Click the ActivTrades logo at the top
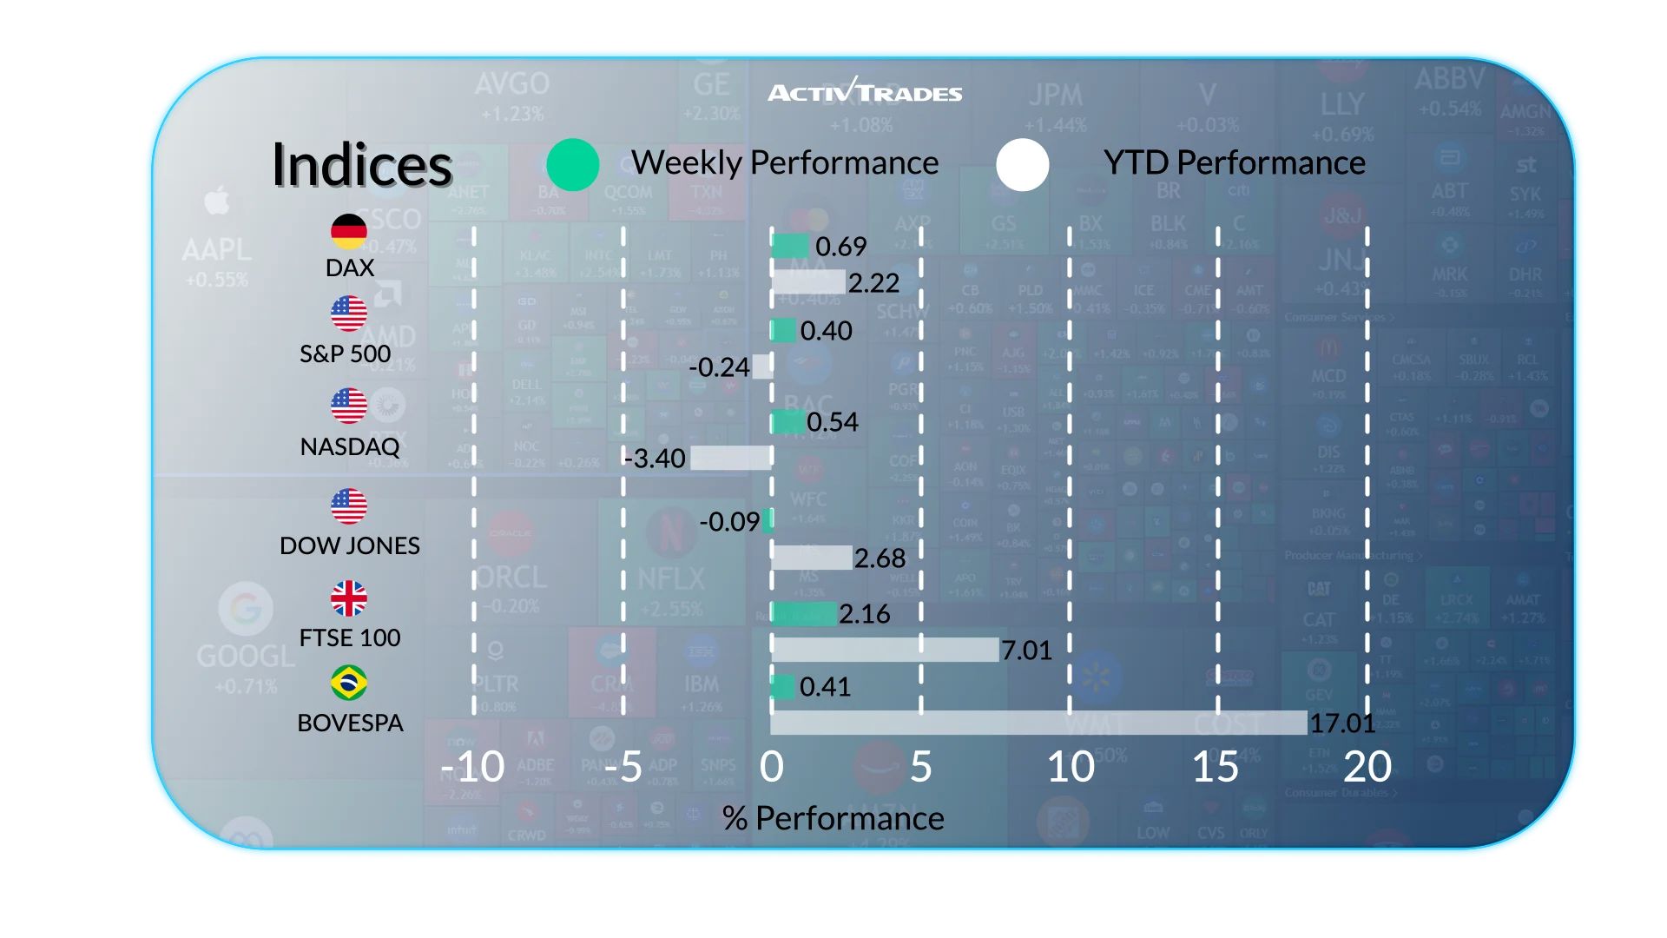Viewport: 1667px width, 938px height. tap(865, 91)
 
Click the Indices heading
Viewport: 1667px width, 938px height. tap(362, 165)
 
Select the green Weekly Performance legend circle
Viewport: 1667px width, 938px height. tap(573, 164)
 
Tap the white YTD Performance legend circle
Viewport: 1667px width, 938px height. tap(1023, 164)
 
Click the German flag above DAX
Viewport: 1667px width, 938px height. tap(349, 231)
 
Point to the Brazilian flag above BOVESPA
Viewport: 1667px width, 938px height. tap(349, 683)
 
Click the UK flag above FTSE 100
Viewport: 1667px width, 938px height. tap(349, 598)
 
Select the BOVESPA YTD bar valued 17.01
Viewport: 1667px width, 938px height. tap(1038, 723)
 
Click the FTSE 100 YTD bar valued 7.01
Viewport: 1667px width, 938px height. tap(885, 650)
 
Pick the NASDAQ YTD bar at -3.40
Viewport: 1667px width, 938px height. tap(731, 458)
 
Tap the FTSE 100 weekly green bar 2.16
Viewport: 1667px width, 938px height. tap(804, 614)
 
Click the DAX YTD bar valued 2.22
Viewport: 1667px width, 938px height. tap(807, 282)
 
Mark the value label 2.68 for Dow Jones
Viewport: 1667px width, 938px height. tap(880, 558)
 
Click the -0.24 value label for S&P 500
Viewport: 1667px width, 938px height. tap(719, 367)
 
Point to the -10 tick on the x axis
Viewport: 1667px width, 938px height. tap(473, 767)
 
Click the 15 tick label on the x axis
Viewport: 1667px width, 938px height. tap(1216, 767)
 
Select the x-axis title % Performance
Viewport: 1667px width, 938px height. tap(833, 818)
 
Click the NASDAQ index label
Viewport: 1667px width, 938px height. tap(350, 446)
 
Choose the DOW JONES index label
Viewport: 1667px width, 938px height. tap(350, 545)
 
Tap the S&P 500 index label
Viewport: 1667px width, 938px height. tap(346, 353)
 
